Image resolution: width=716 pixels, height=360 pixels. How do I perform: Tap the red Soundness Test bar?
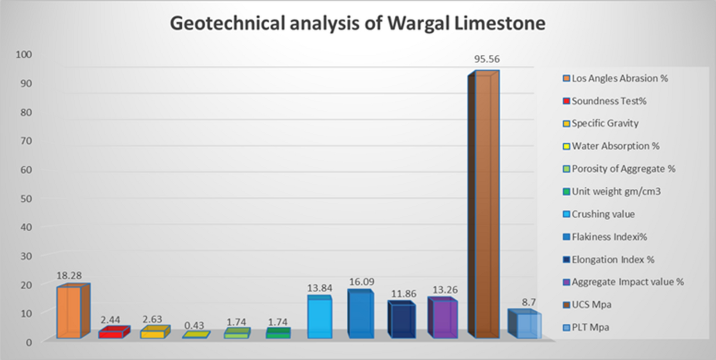[x=111, y=334]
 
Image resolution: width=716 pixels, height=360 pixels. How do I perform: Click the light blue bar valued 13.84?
[x=319, y=317]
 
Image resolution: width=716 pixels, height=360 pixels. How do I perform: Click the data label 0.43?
[x=194, y=325]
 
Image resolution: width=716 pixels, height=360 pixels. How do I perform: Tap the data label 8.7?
[x=528, y=302]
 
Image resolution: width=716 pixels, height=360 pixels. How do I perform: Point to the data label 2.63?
[x=152, y=319]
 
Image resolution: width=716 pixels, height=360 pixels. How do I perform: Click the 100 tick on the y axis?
[x=24, y=54]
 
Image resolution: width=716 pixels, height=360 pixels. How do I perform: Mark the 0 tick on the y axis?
[x=28, y=342]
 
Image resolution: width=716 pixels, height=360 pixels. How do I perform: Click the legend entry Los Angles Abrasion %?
[x=619, y=78]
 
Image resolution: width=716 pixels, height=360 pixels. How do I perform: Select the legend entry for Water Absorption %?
[x=615, y=146]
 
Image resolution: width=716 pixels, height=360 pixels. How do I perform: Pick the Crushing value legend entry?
[x=603, y=214]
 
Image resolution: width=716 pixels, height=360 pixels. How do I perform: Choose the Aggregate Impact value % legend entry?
[x=627, y=282]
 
